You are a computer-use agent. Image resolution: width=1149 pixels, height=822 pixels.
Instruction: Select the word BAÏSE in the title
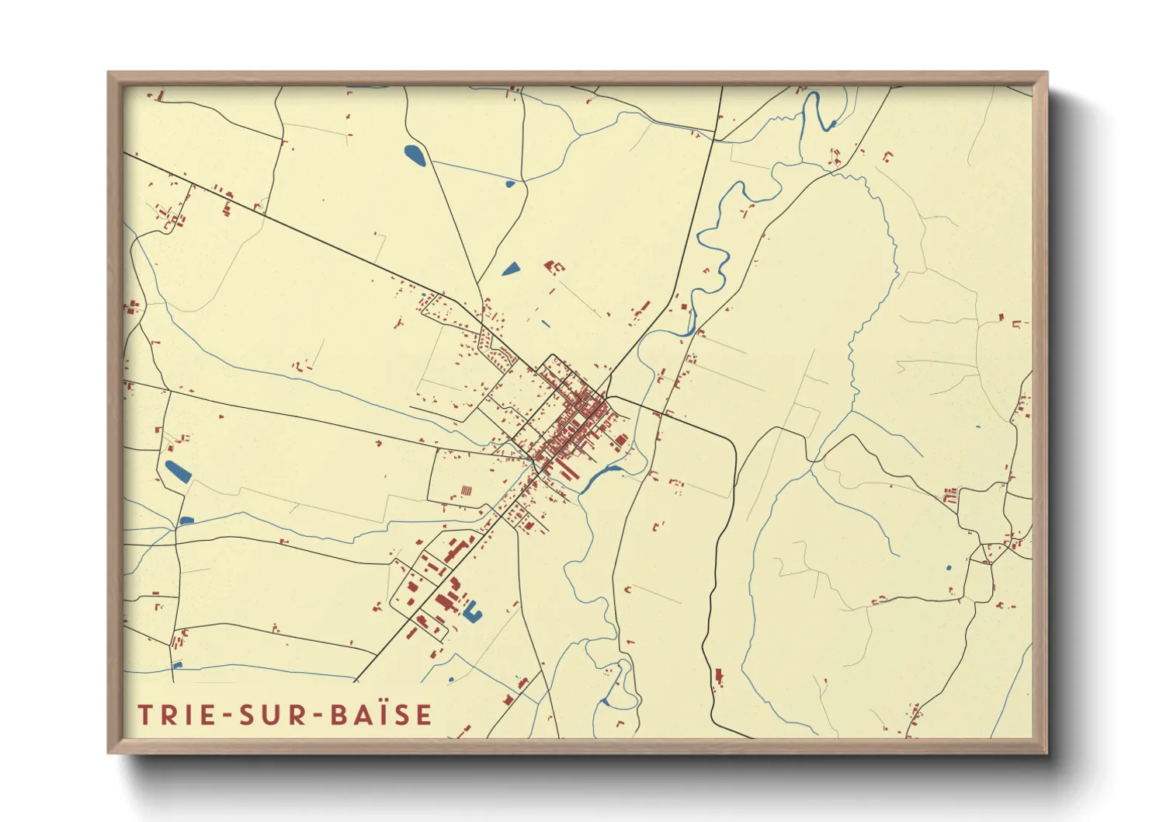(380, 715)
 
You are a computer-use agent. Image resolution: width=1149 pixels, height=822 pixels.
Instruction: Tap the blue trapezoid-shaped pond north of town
(511, 270)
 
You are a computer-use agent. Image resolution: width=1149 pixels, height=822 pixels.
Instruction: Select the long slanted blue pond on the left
(178, 472)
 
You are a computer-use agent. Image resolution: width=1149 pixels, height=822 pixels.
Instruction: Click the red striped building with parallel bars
(466, 491)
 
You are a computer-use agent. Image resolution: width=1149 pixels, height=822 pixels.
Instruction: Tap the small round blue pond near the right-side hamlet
(948, 568)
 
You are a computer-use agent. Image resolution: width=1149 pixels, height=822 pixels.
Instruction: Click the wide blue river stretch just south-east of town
(599, 475)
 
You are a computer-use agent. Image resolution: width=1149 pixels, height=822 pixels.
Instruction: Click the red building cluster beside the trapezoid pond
(554, 267)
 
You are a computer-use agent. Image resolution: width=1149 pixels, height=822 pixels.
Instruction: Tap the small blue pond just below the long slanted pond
(186, 520)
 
